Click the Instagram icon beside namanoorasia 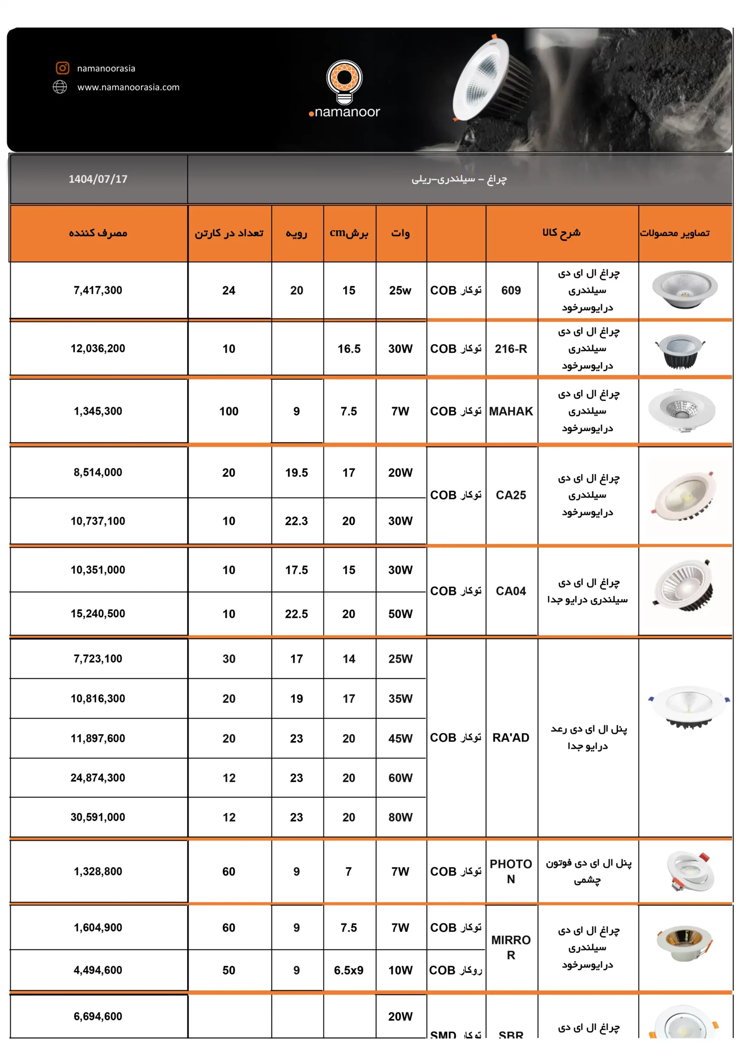coord(63,68)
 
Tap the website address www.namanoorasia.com coord(128,87)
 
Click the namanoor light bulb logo coord(344,82)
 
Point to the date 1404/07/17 coord(98,179)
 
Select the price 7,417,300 coord(98,290)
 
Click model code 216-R coord(511,349)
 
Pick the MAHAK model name coord(511,411)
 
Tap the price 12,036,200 coord(98,349)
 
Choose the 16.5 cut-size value coord(349,349)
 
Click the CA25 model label coord(511,495)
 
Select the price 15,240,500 coord(98,614)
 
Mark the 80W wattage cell coord(400,817)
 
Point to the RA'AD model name coord(511,737)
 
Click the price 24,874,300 coord(98,778)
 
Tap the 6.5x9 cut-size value coord(348,970)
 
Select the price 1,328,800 coord(98,872)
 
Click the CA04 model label coord(511,591)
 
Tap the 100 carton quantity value coord(229,411)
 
